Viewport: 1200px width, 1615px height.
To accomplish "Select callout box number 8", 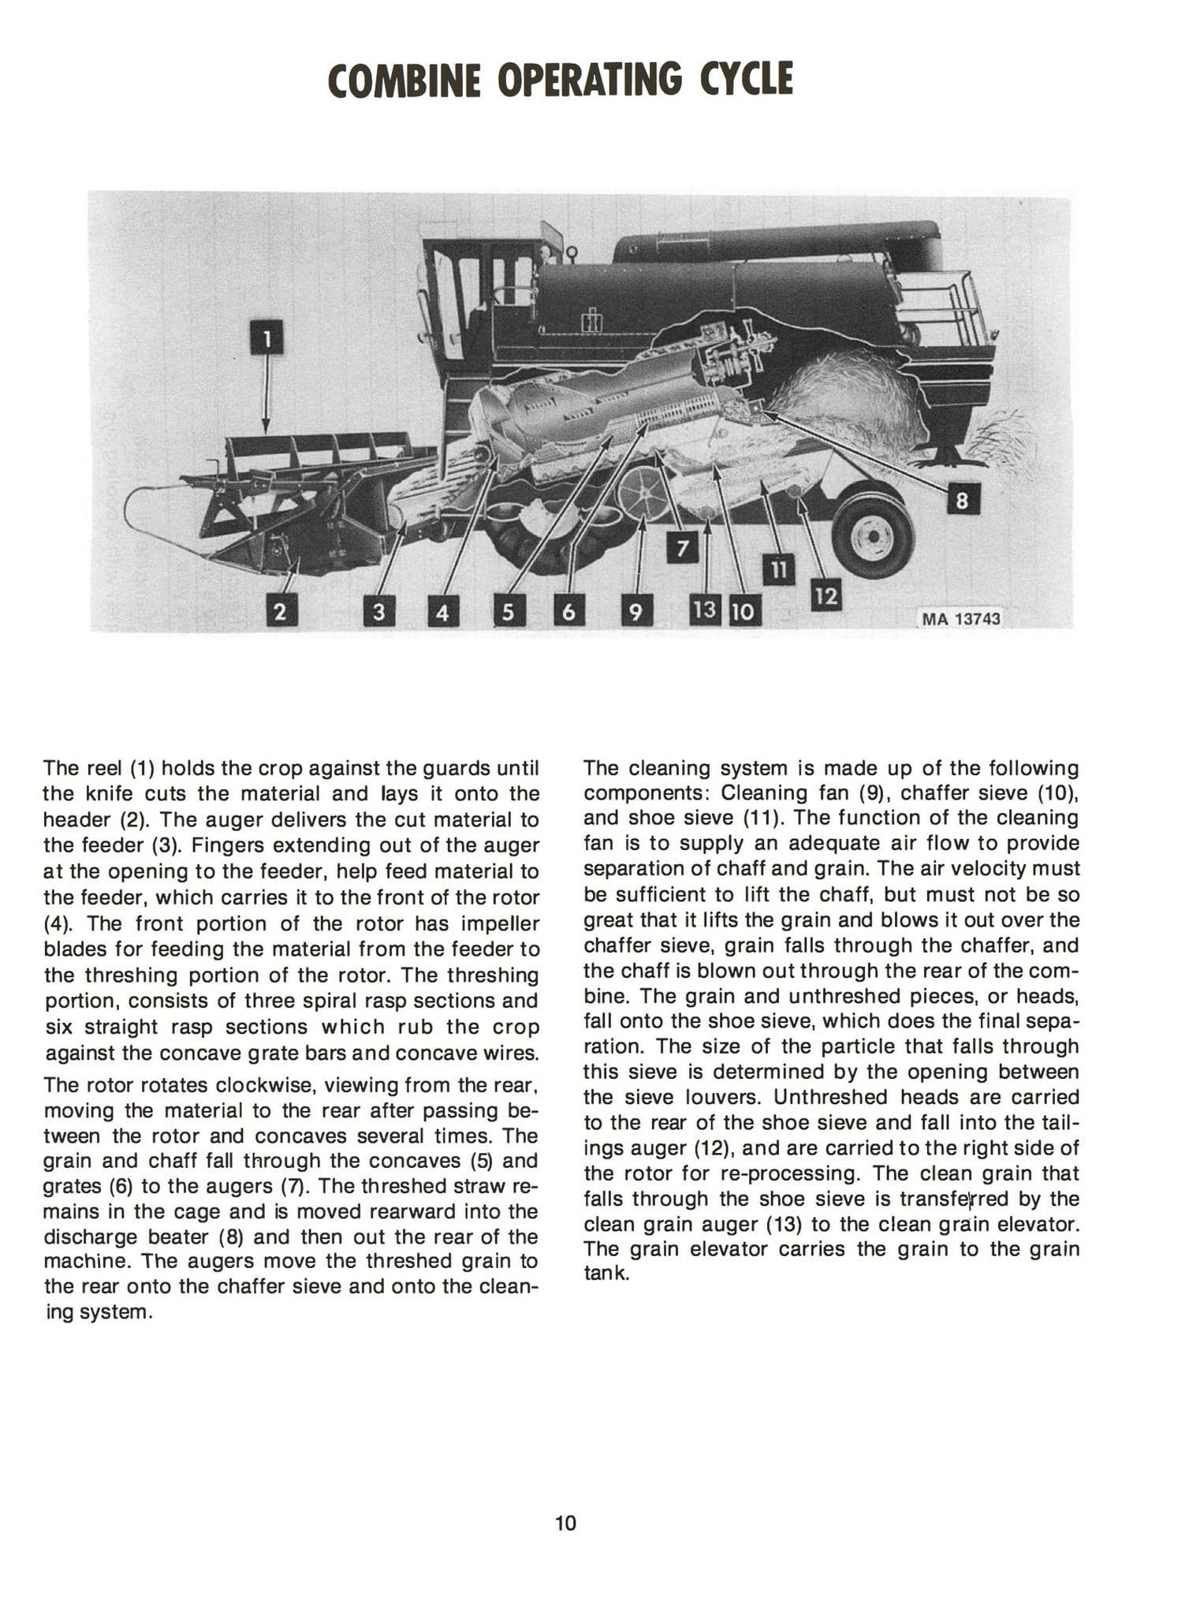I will (x=961, y=500).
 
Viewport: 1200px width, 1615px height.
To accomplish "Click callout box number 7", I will (x=683, y=548).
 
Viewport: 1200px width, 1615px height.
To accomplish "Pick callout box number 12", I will (x=825, y=595).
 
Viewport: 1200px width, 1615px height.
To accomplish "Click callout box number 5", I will (x=509, y=612).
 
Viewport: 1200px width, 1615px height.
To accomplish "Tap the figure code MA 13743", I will (x=960, y=619).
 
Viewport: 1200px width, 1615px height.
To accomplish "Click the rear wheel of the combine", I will (x=873, y=536).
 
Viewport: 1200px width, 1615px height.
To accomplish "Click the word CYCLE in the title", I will (x=745, y=80).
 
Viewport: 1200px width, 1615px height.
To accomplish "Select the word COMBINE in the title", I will (x=404, y=81).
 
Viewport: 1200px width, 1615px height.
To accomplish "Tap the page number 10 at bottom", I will (x=565, y=1523).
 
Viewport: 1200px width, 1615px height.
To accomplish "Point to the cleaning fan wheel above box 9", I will (x=643, y=494).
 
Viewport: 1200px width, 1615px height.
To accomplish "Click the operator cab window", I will (x=447, y=300).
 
